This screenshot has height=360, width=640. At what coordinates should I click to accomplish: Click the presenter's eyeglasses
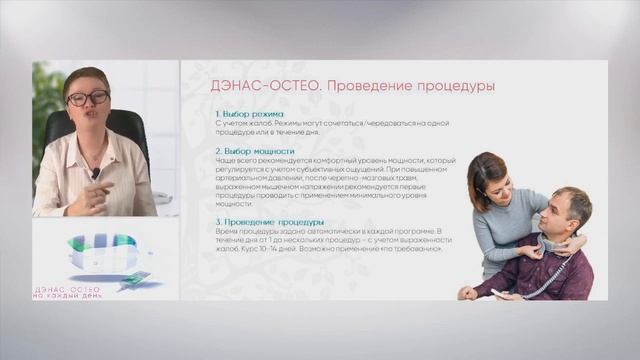tap(88, 98)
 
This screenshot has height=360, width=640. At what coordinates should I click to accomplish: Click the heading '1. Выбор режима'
tap(249, 114)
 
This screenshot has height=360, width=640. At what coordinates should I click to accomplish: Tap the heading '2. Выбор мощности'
tap(255, 151)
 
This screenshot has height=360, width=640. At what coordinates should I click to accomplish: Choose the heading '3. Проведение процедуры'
tap(269, 221)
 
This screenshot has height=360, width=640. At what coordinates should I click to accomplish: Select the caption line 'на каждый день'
tap(68, 296)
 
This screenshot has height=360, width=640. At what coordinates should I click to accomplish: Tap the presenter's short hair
tap(84, 76)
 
